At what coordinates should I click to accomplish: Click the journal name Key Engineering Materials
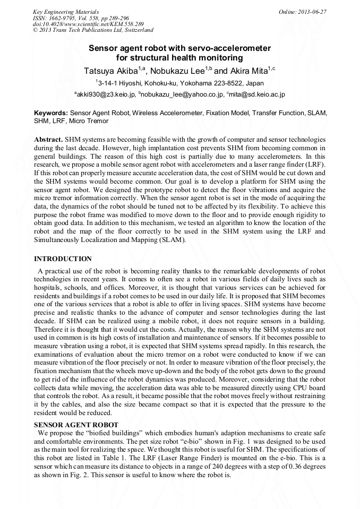pyautogui.click(x=66, y=11)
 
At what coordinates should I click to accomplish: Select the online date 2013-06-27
pyautogui.click(x=313, y=11)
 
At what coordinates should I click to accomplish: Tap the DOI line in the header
pyautogui.click(x=88, y=24)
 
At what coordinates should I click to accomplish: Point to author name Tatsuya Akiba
pyautogui.click(x=110, y=71)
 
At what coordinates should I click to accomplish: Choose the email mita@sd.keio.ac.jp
pyautogui.click(x=258, y=94)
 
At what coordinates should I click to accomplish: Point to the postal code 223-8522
pyautogui.click(x=226, y=83)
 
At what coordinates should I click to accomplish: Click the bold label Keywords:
pyautogui.click(x=51, y=113)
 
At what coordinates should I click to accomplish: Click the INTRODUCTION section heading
pyautogui.click(x=63, y=259)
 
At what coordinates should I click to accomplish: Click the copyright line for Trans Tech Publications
pyautogui.click(x=93, y=30)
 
